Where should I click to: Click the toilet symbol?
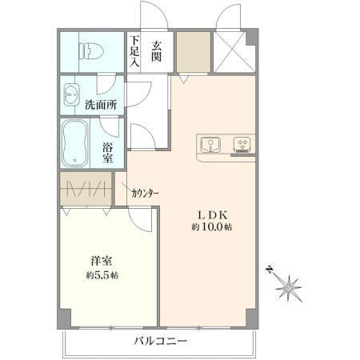pyautogui.click(x=91, y=50)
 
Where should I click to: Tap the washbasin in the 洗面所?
pyautogui.click(x=71, y=94)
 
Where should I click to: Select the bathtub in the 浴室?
pyautogui.click(x=75, y=143)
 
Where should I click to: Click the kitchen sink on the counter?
pyautogui.click(x=210, y=145)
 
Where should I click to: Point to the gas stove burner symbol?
pyautogui.click(x=242, y=145)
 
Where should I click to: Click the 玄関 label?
pyautogui.click(x=157, y=52)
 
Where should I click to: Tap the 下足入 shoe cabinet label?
pyautogui.click(x=134, y=51)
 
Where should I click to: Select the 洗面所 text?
pyautogui.click(x=101, y=105)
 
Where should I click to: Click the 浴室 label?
pyautogui.click(x=107, y=153)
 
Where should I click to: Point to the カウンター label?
pyautogui.click(x=145, y=193)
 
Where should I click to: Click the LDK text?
pyautogui.click(x=212, y=215)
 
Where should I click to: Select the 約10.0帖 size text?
pyautogui.click(x=212, y=226)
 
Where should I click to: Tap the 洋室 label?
pyautogui.click(x=102, y=261)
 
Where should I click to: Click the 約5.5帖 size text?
pyautogui.click(x=102, y=275)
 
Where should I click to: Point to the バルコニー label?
pyautogui.click(x=160, y=341)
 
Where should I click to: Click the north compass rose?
pyautogui.click(x=286, y=286)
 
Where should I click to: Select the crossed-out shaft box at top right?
pyautogui.click(x=234, y=52)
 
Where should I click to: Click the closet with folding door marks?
pyautogui.click(x=86, y=189)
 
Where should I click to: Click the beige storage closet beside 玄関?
pyautogui.click(x=194, y=52)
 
